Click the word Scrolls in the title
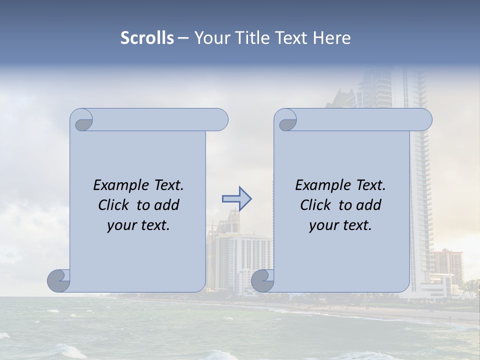[147, 38]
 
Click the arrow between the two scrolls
[236, 198]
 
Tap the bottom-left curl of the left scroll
[58, 280]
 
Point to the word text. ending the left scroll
[153, 225]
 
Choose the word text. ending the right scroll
[355, 225]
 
